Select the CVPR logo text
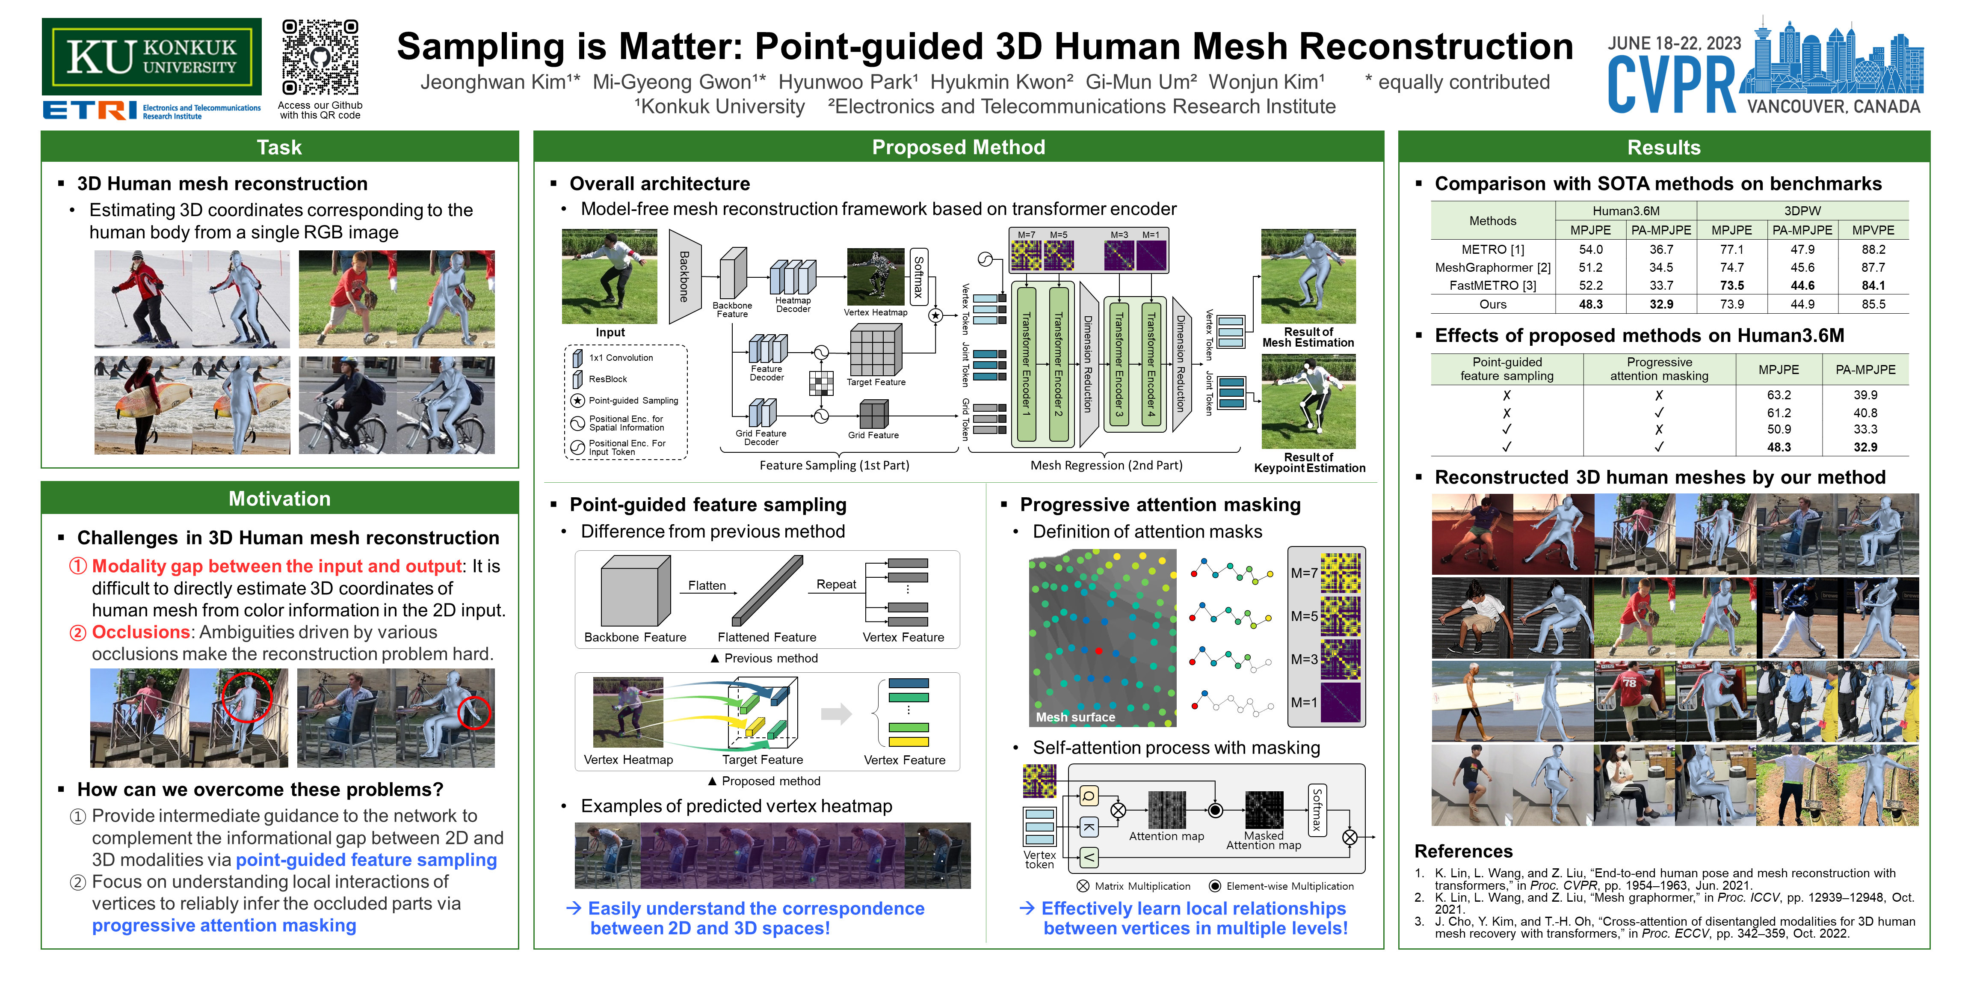pos(1672,86)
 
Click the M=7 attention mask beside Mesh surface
pos(1340,573)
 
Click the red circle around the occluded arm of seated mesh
pos(474,713)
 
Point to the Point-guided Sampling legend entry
pos(633,401)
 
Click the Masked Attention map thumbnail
pos(1264,810)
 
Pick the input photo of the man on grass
pos(609,276)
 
